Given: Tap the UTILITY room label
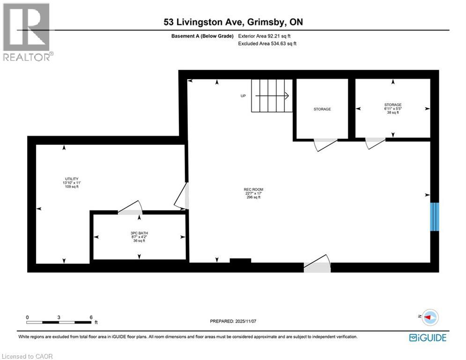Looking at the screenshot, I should click(72, 179).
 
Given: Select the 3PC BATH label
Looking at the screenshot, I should click(140, 233).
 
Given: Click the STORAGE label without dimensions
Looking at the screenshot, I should click(322, 109).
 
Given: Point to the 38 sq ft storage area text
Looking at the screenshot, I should click(392, 112).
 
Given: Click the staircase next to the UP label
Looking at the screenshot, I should click(272, 96).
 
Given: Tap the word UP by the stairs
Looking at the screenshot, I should click(243, 96).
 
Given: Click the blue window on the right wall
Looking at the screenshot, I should click(435, 216).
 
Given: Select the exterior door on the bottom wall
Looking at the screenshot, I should click(318, 265).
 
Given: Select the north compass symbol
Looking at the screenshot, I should click(430, 317).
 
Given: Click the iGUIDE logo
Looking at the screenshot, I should click(427, 337).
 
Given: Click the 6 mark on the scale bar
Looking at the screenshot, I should click(91, 317).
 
